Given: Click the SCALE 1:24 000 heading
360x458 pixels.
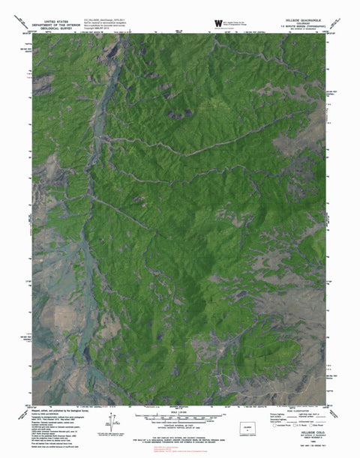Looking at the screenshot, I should (181, 411).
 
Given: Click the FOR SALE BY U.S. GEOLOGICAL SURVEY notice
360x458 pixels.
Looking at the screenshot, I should (180, 439).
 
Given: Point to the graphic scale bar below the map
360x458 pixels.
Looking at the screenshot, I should (180, 416).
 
